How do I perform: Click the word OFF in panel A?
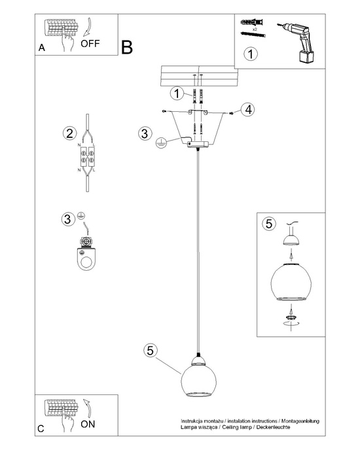pyautogui.click(x=90, y=44)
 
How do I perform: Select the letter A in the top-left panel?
pyautogui.click(x=42, y=48)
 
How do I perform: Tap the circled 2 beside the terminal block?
pyautogui.click(x=68, y=134)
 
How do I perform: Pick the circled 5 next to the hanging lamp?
pyautogui.click(x=150, y=351)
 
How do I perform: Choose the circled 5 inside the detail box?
pyautogui.click(x=268, y=224)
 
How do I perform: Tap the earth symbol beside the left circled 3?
pyautogui.click(x=82, y=215)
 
